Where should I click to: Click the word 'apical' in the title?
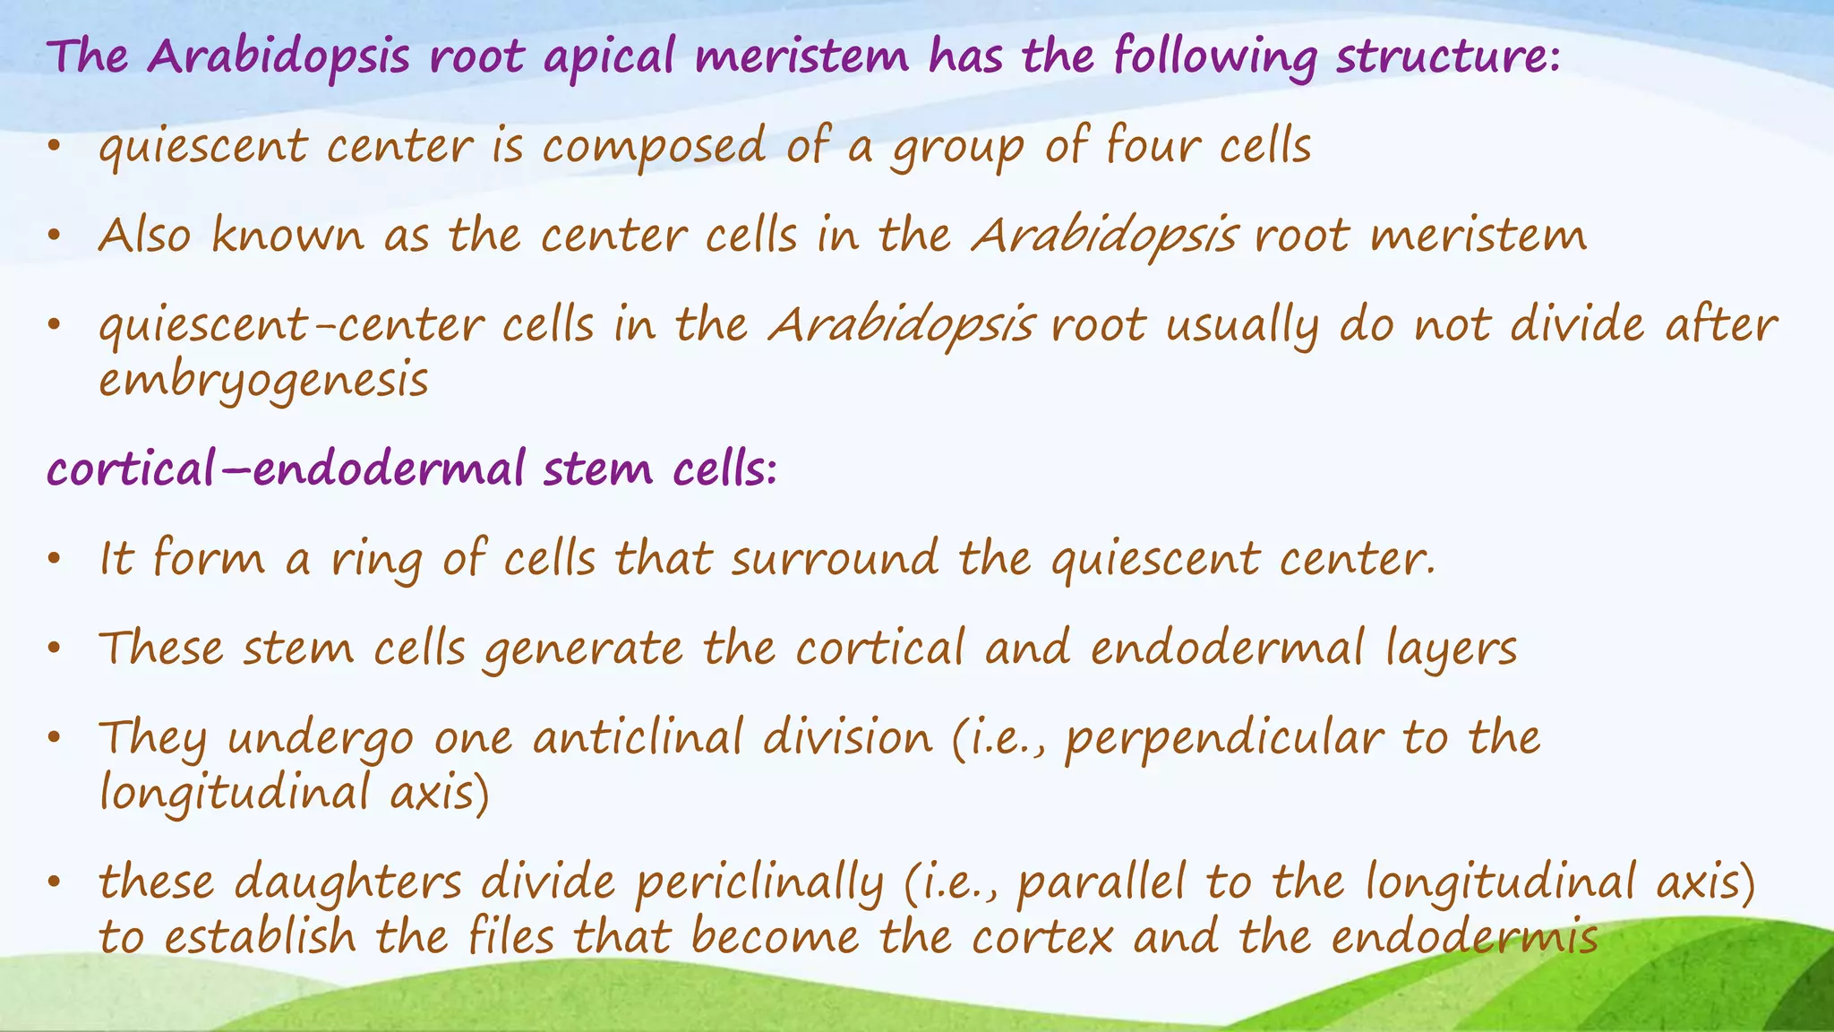pyautogui.click(x=609, y=57)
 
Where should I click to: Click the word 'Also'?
pyautogui.click(x=144, y=236)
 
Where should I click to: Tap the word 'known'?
pyautogui.click(x=287, y=236)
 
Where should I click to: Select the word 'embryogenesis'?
pyautogui.click(x=263, y=381)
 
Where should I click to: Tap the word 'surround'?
pyautogui.click(x=835, y=558)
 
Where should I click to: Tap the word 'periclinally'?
pyautogui.click(x=759, y=883)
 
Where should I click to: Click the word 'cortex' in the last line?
pyautogui.click(x=1042, y=937)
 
